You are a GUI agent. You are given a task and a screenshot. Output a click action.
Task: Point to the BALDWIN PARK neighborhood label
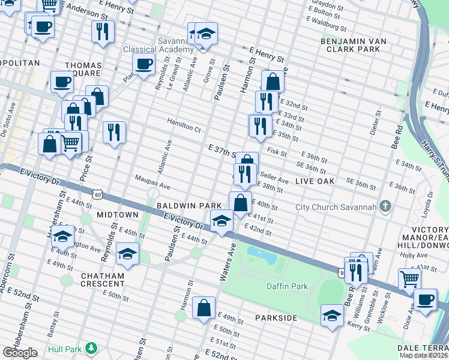[190, 205]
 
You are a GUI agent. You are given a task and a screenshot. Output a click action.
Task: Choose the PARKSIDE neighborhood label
[276, 317]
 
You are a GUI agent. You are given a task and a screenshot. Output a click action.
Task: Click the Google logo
[20, 353]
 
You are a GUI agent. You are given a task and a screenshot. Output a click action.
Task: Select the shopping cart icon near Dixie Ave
[409, 278]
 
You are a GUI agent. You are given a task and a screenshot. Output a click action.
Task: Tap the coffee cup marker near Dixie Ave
[426, 299]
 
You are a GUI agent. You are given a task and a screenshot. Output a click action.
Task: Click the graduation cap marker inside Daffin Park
[332, 314]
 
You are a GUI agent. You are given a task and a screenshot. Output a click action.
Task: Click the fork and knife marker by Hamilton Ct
[113, 131]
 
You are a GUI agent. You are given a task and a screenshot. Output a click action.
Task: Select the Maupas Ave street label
[153, 178]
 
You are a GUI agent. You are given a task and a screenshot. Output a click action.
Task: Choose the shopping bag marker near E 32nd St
[273, 82]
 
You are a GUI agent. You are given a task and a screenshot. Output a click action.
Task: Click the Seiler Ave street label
[276, 181]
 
